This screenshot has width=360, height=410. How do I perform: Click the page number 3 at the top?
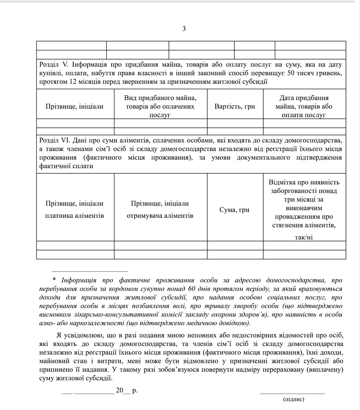click(x=184, y=28)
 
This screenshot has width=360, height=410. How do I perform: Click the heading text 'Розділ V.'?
click(x=54, y=64)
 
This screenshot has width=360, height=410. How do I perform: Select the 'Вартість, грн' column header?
click(x=234, y=107)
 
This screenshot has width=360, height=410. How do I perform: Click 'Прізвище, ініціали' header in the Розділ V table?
click(x=74, y=107)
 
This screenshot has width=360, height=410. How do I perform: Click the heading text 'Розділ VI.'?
click(x=56, y=140)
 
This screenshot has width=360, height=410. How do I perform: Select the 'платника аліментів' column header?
click(x=74, y=216)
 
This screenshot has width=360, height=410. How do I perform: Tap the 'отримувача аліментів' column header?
click(x=160, y=216)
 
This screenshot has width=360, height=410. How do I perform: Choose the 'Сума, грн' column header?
click(x=234, y=210)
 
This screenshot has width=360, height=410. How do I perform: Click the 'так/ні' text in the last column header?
click(x=304, y=237)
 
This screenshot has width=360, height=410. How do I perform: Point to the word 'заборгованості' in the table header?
click(x=304, y=191)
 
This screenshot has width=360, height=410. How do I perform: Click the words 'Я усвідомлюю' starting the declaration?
click(x=76, y=335)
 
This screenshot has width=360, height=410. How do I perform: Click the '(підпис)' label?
click(x=293, y=399)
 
